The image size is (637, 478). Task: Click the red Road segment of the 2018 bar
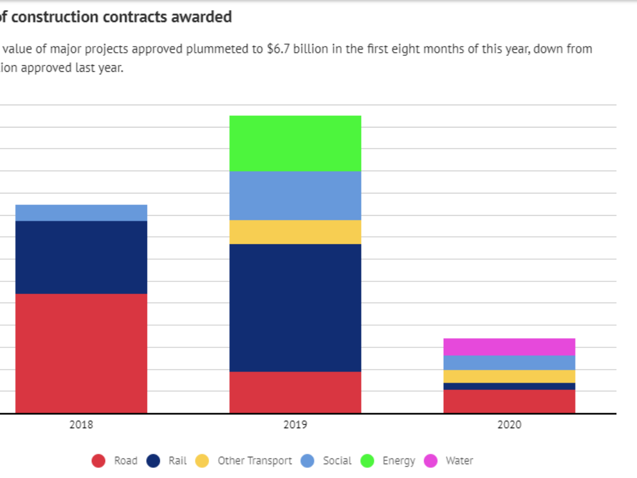pos(81,353)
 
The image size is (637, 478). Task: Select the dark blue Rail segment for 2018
pos(81,257)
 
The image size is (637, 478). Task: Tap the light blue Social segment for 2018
pos(81,213)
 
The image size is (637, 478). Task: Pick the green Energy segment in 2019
pos(295,143)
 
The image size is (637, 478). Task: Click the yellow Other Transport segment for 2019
pos(295,232)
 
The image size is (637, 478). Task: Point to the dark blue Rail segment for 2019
pos(295,308)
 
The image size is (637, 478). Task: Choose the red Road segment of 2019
pos(295,392)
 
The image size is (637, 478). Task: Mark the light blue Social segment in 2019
pos(295,195)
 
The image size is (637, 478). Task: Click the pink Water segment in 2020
pos(509,347)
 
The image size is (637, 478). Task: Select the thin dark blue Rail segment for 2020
pos(509,386)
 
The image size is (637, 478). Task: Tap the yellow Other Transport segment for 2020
pos(509,376)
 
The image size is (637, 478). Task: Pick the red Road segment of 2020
pos(509,402)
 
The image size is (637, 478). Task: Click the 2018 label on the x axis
pos(81,425)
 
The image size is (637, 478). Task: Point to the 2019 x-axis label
pos(295,425)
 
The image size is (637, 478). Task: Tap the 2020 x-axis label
pos(509,425)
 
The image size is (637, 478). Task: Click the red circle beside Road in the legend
pos(99,461)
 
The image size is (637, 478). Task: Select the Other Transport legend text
pos(255,461)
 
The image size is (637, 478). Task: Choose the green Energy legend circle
pos(367,461)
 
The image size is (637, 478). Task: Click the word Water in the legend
pos(459,461)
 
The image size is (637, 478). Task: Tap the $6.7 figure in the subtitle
pos(279,49)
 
